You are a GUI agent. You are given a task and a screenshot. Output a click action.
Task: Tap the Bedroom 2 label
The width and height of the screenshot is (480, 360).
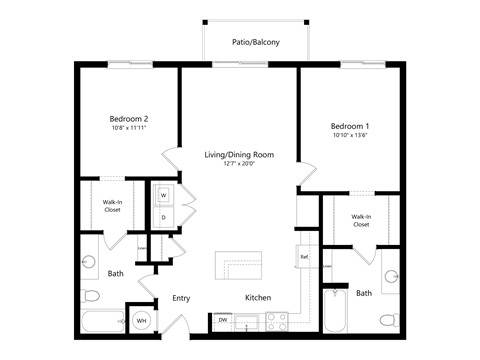click(129, 119)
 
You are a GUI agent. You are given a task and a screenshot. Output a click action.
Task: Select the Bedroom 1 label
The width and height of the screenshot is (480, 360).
click(350, 125)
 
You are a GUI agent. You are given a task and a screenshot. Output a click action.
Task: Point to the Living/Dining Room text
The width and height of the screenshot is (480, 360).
click(239, 155)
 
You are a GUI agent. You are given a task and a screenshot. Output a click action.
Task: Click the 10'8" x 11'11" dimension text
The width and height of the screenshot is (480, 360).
click(129, 129)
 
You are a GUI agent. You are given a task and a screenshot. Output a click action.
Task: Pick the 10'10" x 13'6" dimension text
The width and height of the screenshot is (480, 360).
click(350, 136)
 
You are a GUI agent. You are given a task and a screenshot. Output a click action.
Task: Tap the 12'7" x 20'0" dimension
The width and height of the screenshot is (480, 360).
click(239, 164)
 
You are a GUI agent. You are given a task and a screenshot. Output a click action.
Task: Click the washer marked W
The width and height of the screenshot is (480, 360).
click(163, 195)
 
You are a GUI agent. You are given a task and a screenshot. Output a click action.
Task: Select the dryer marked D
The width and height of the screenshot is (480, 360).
click(163, 216)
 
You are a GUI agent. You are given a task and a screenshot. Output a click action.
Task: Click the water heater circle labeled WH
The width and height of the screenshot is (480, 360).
click(141, 321)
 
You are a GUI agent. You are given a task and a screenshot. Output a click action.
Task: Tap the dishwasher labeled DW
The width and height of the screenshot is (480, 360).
click(222, 321)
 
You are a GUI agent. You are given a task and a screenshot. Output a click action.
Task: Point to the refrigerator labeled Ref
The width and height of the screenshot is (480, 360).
click(303, 257)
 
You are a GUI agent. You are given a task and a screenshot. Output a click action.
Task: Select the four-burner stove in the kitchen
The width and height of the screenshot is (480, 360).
click(276, 321)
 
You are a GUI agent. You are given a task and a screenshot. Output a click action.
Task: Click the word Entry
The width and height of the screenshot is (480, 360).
click(181, 297)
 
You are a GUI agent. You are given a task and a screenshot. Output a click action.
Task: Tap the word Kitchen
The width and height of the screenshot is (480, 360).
click(259, 297)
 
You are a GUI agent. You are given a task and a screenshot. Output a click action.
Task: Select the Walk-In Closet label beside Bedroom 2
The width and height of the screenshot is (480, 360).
click(113, 207)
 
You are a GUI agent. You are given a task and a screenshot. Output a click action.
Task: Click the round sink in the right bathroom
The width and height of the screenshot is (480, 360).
click(390, 275)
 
